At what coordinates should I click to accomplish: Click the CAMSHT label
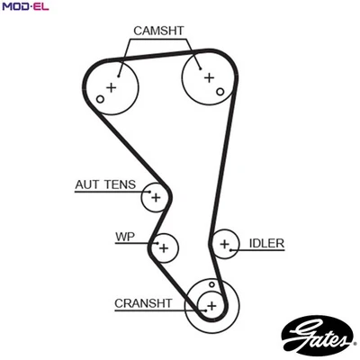158,31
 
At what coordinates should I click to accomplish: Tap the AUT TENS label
104,185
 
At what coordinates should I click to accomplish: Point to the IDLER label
267,243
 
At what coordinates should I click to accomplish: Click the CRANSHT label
143,303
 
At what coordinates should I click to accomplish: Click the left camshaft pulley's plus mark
112,87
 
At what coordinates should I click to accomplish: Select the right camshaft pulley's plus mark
209,78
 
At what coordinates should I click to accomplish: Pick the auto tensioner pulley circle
156,195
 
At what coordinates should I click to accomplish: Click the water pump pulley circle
165,246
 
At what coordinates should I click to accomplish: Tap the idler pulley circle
225,242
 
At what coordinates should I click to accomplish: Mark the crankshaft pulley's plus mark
211,305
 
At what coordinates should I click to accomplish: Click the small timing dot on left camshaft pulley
101,98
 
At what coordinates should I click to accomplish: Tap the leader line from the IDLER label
244,243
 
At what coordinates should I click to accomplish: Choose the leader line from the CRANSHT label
185,304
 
